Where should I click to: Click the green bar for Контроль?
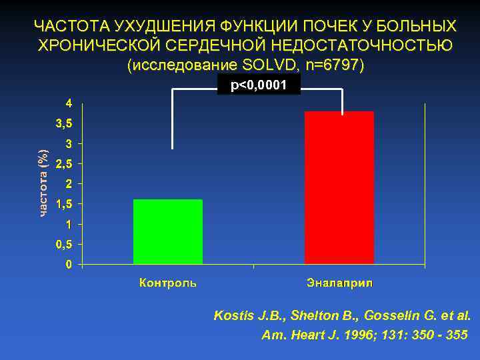(168, 231)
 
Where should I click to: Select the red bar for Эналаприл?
(339, 187)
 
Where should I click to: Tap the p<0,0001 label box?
(259, 85)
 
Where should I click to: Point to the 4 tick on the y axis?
(69, 103)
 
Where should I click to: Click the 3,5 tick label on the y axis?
(64, 123)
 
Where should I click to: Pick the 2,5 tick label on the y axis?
(64, 163)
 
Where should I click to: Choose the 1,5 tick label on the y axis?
(64, 204)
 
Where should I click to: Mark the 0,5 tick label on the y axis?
(64, 244)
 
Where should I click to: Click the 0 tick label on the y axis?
(69, 265)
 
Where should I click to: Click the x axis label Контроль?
(168, 283)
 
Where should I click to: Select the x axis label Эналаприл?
(339, 283)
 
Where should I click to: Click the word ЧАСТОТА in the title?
(71, 27)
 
